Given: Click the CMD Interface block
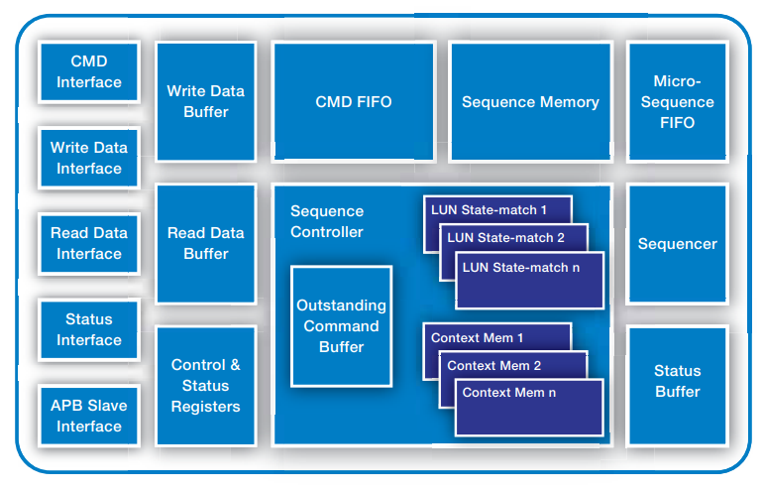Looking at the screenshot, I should tap(88, 72).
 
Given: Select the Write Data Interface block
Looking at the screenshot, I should tap(88, 158).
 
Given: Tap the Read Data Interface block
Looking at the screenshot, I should tap(88, 244).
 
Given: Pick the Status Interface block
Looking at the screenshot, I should tap(88, 329).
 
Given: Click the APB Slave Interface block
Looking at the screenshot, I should tap(88, 416).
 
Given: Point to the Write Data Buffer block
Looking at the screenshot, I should tap(205, 101).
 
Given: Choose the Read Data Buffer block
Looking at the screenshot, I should tap(205, 244).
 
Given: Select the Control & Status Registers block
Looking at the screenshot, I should tap(205, 386).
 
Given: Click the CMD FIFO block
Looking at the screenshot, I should tap(354, 101).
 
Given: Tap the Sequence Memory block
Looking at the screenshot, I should tap(530, 101).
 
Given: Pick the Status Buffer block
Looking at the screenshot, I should tap(677, 382).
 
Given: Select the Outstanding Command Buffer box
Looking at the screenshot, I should tap(341, 326).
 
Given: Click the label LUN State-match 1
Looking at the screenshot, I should tap(489, 210).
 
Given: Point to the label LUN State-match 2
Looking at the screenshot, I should tap(505, 238).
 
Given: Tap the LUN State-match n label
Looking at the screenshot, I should tap(521, 267).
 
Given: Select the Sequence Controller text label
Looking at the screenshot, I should tap(327, 221).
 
